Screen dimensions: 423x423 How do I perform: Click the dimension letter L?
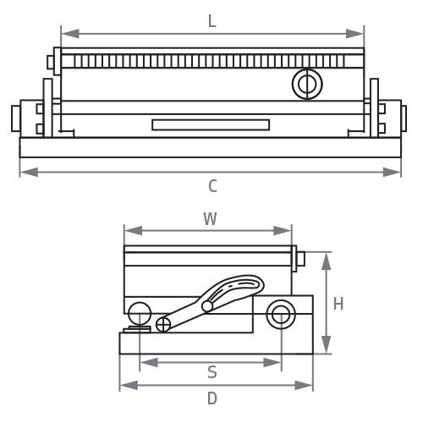212,21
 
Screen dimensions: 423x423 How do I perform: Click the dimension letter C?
212,186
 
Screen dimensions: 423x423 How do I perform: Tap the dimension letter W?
210,219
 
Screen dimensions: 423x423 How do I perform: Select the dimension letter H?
338,304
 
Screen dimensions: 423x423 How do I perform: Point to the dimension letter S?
212,372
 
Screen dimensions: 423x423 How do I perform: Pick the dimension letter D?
212,398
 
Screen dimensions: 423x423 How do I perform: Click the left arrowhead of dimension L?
70,34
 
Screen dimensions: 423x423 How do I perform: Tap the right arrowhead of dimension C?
392,172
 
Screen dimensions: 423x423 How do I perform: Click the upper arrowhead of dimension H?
327,261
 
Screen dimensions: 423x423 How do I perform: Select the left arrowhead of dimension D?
129,385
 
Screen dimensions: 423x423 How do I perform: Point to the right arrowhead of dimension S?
272,362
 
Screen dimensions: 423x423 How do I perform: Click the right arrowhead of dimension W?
283,231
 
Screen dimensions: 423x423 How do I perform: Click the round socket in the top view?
307,84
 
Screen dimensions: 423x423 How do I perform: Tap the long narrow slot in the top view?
211,125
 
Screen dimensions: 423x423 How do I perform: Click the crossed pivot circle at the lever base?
163,324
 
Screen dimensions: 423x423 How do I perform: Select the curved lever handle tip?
258,283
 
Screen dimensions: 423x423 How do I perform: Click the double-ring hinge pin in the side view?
281,314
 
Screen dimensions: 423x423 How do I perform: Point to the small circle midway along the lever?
207,306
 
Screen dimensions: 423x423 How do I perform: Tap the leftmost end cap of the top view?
16,118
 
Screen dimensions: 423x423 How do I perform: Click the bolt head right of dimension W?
301,259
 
